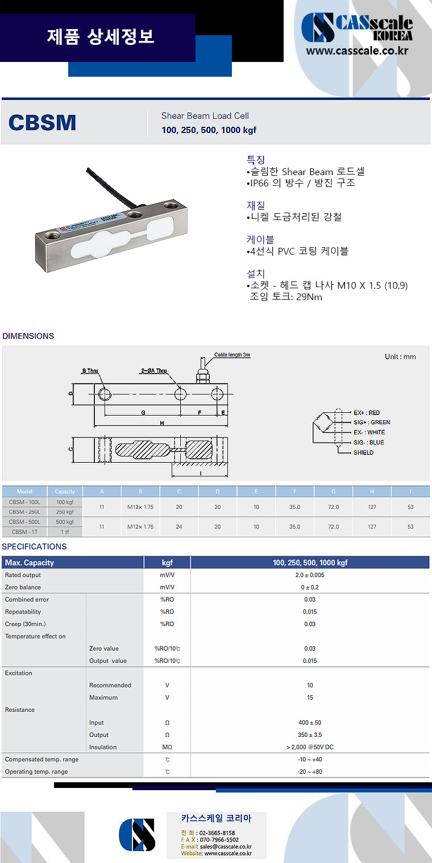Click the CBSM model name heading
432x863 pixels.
(x=43, y=123)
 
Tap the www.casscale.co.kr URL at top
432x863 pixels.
(x=357, y=51)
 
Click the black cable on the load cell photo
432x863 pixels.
(x=108, y=186)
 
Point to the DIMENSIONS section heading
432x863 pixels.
(x=28, y=336)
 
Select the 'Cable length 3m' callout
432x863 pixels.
(x=232, y=355)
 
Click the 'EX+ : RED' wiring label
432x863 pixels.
(x=367, y=413)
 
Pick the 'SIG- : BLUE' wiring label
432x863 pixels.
(x=368, y=442)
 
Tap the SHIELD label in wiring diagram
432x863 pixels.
(x=363, y=453)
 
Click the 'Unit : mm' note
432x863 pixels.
(x=400, y=356)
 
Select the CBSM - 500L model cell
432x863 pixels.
(x=24, y=522)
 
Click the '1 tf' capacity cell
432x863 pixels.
(x=64, y=532)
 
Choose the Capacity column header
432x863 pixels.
(x=64, y=492)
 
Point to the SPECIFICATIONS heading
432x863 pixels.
(x=34, y=547)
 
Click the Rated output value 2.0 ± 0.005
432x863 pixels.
(x=310, y=575)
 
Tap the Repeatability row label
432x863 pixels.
(x=23, y=612)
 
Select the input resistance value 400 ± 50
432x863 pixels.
(x=310, y=723)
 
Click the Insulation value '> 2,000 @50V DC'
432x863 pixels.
(x=310, y=748)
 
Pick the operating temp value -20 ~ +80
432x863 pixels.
(x=310, y=772)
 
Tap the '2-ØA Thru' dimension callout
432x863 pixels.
(x=153, y=371)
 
